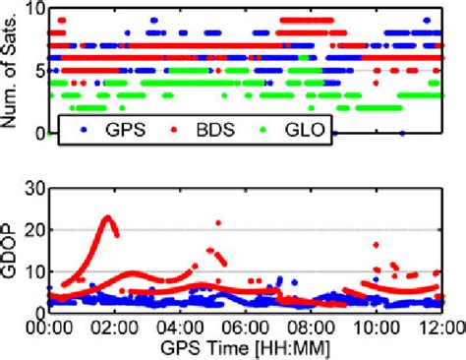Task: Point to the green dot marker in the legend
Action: click(x=263, y=130)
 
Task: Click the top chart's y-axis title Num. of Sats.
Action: click(x=13, y=69)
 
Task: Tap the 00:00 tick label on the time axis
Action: click(x=49, y=327)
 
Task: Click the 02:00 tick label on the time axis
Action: click(x=115, y=327)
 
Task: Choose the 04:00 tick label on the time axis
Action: click(x=180, y=327)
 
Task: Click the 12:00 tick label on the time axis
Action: click(x=437, y=327)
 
